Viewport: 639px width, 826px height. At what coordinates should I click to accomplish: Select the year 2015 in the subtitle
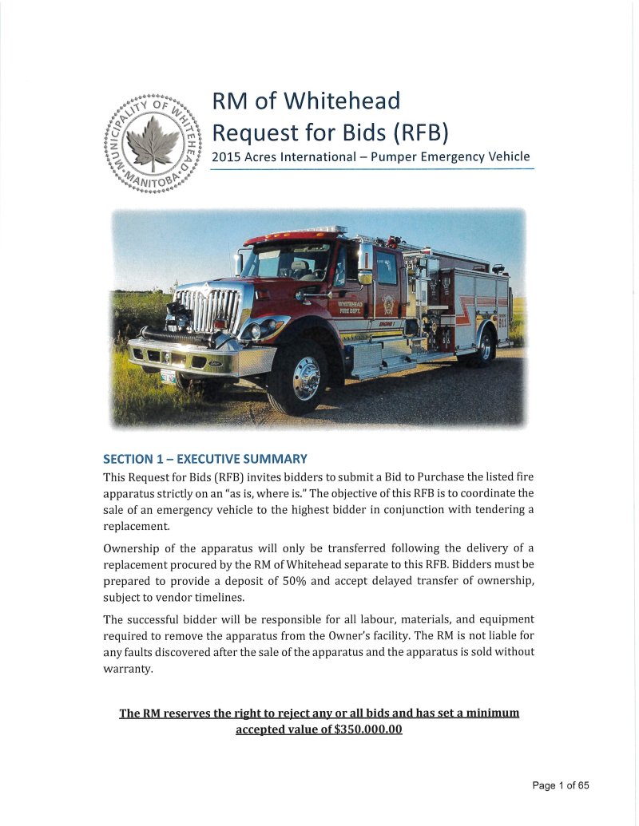pos(224,156)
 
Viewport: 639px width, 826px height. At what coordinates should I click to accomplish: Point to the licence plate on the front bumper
pos(168,375)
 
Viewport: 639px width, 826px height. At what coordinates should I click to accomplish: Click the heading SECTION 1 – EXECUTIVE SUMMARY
pos(205,459)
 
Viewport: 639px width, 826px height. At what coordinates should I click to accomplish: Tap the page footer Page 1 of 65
pos(561,786)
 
